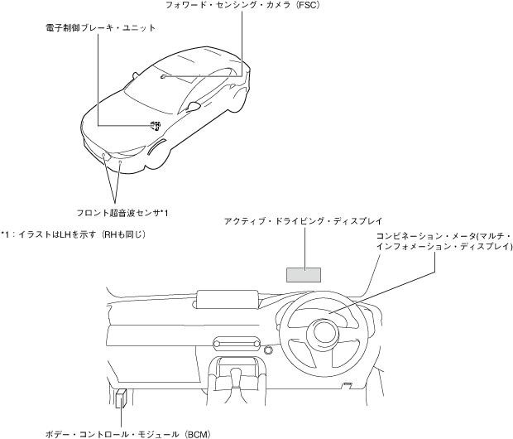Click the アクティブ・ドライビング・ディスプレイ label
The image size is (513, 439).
click(303, 222)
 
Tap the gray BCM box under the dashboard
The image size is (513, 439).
click(122, 397)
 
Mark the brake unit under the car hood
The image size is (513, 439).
click(156, 125)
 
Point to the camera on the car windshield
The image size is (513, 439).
click(165, 77)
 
